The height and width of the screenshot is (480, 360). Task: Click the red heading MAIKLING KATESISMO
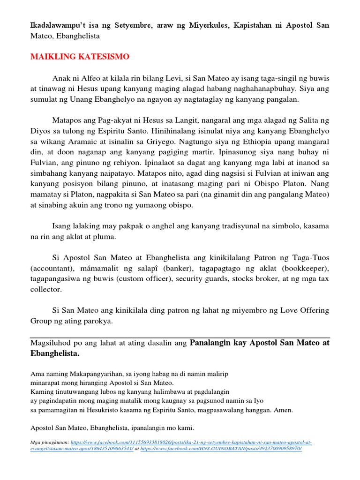coord(80,57)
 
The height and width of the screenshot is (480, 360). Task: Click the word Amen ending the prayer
coord(282,410)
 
